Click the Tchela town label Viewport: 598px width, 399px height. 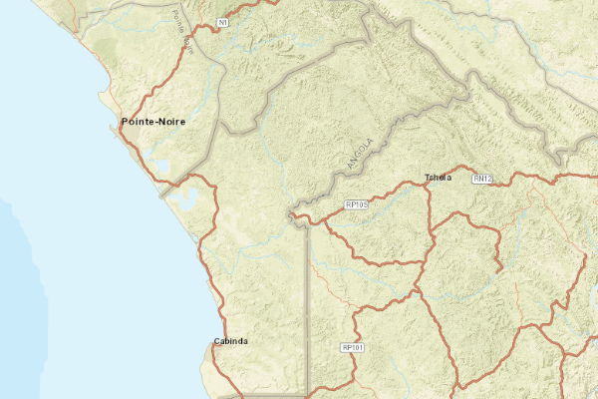pos(438,178)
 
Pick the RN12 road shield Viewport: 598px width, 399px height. pos(483,179)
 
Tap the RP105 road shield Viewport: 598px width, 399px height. pos(356,204)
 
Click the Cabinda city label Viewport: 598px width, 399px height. pos(230,341)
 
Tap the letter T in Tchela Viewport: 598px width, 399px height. pos(428,178)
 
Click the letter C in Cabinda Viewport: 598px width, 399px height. pos(216,341)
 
